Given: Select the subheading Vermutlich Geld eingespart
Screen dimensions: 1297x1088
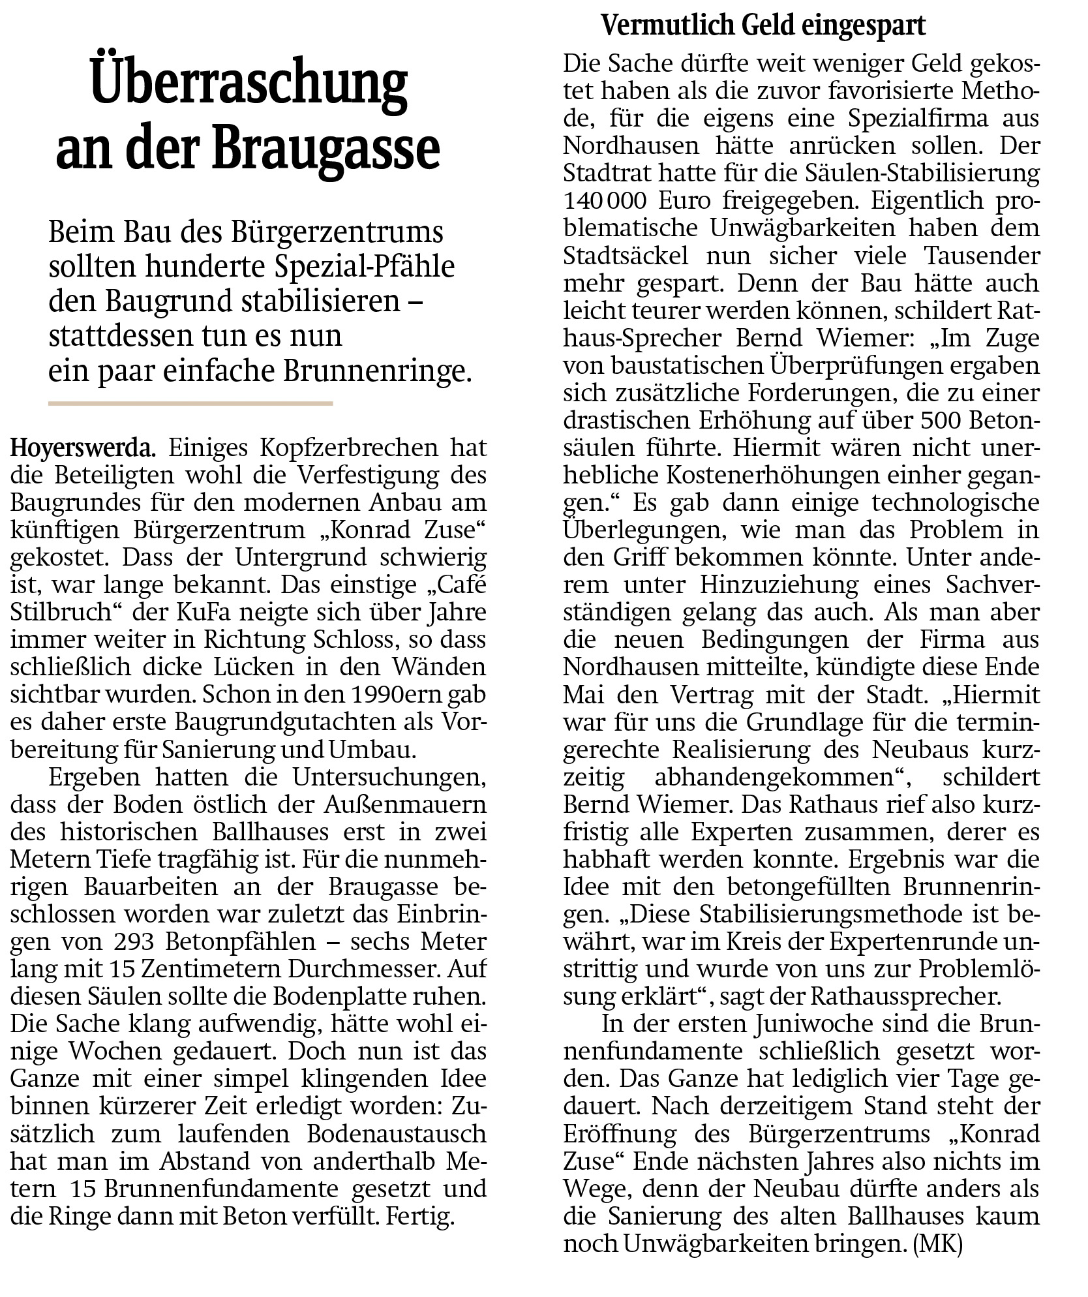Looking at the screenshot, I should coord(763,26).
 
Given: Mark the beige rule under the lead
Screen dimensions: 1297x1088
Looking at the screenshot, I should coord(190,404).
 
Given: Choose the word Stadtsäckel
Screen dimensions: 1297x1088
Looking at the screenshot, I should coord(626,256).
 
